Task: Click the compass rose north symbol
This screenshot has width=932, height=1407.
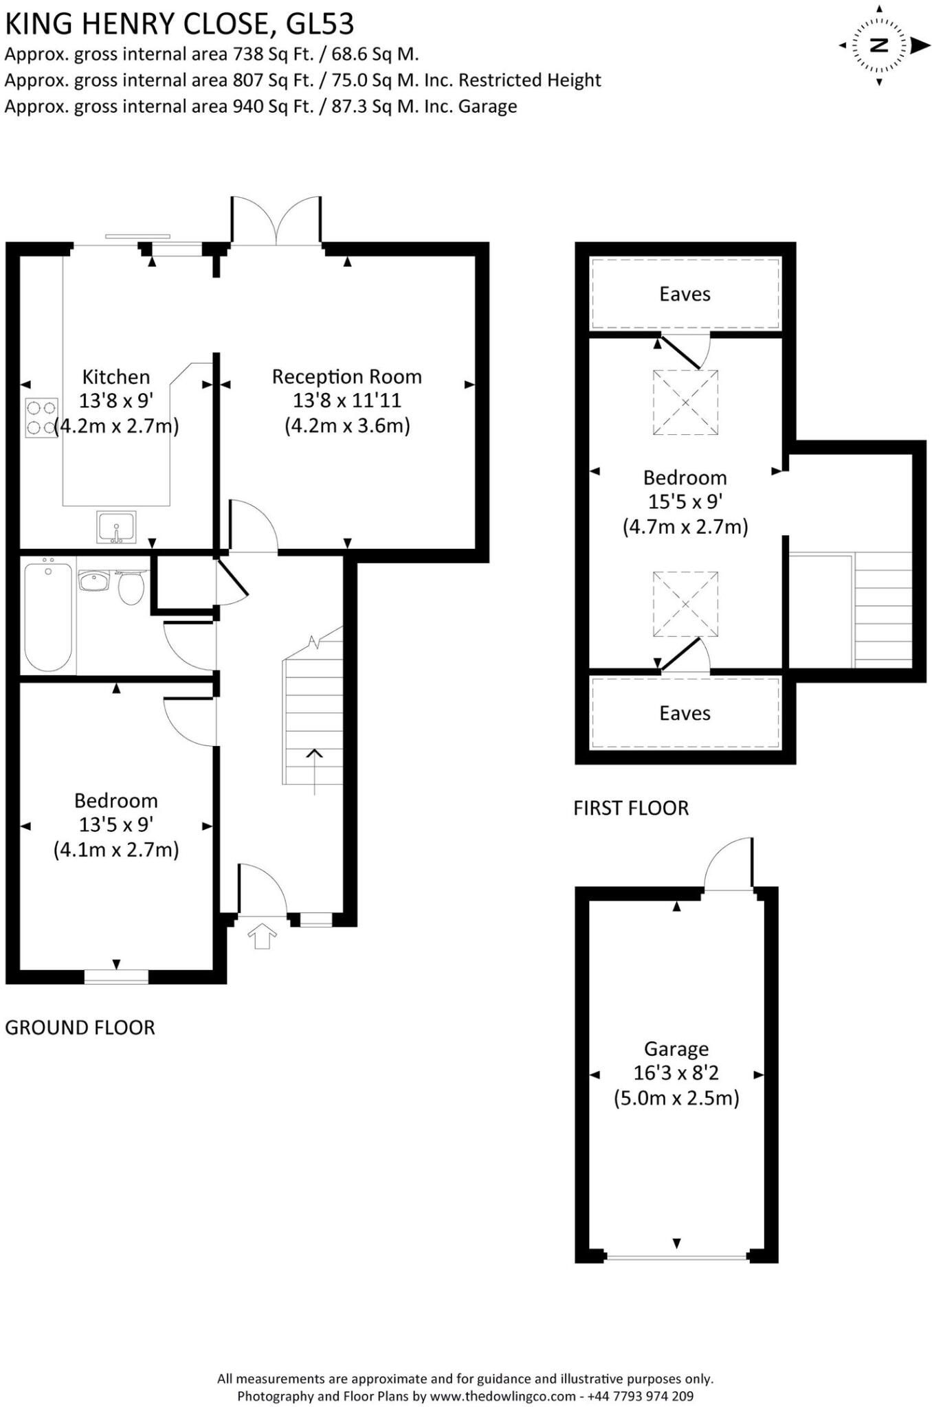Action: pos(879,45)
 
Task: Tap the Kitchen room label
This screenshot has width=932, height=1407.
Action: pos(115,376)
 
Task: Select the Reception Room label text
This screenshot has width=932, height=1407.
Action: pos(346,376)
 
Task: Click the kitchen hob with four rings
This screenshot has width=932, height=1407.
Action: pos(41,418)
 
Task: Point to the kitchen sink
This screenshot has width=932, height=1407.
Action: pos(116,527)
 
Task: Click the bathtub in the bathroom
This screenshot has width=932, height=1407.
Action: pos(48,616)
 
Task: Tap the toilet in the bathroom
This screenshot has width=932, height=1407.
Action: pos(131,587)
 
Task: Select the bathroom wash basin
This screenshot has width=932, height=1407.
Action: pos(93,581)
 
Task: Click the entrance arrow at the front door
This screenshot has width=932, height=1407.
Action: pos(261,936)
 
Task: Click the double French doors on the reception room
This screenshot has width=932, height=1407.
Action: pos(276,221)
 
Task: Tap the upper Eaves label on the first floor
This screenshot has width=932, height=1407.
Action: pos(685,294)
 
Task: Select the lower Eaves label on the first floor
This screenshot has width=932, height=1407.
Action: pos(685,713)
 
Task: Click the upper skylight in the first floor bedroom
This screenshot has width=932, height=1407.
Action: pos(685,403)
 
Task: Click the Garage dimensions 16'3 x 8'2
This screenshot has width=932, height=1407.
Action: pos(676,1072)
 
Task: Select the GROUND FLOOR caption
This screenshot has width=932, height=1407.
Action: pos(80,1028)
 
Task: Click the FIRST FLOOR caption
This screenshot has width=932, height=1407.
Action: pos(631,808)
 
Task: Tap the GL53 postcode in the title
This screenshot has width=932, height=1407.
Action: pos(320,25)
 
